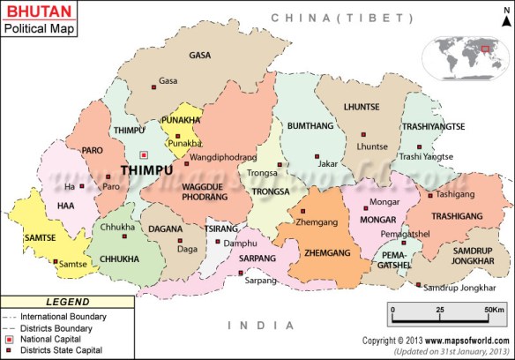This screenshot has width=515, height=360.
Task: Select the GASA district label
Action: pyautogui.click(x=200, y=55)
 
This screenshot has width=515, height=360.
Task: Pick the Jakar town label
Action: pyautogui.click(x=327, y=163)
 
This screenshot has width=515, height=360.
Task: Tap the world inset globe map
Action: pyautogui.click(x=466, y=55)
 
